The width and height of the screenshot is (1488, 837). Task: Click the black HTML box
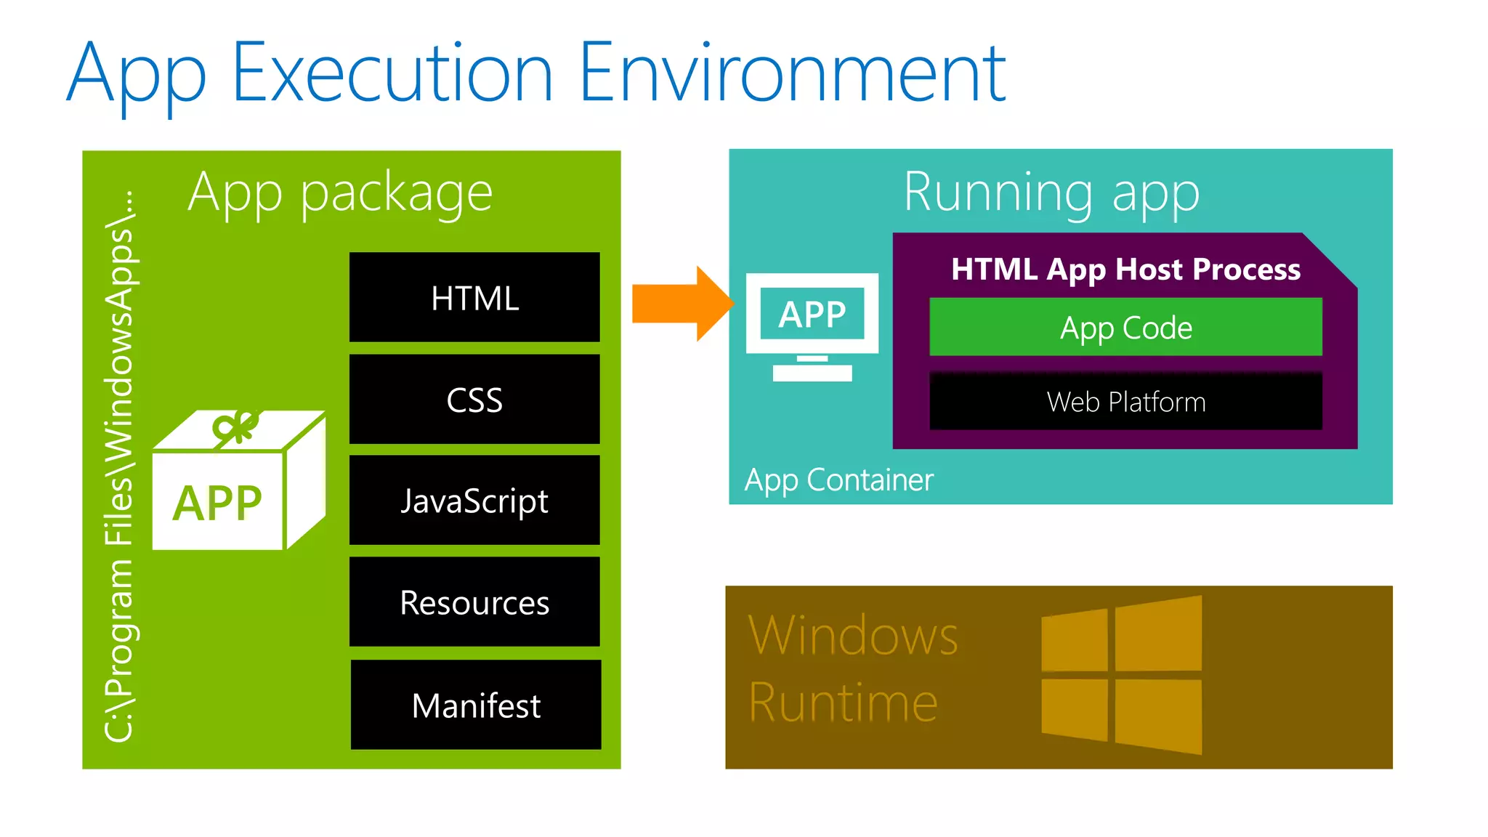tap(474, 297)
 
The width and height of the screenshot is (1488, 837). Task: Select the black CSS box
tap(474, 399)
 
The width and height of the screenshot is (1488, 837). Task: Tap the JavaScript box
tap(474, 500)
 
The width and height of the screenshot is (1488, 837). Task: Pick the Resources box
tap(474, 602)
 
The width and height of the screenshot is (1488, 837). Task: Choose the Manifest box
tap(476, 705)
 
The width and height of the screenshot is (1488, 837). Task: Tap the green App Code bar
tap(1125, 327)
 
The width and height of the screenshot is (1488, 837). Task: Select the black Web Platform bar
tap(1125, 401)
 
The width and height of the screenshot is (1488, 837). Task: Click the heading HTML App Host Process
tap(1125, 270)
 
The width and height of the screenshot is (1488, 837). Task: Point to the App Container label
tap(838, 480)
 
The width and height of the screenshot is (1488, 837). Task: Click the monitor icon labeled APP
tap(812, 323)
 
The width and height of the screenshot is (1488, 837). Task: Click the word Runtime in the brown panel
tap(843, 703)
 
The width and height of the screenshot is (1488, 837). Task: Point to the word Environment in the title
tap(792, 73)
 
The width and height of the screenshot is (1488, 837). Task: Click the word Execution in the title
tap(392, 73)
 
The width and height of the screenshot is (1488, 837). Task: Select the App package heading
tap(340, 193)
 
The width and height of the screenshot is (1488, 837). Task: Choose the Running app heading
tap(1051, 193)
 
